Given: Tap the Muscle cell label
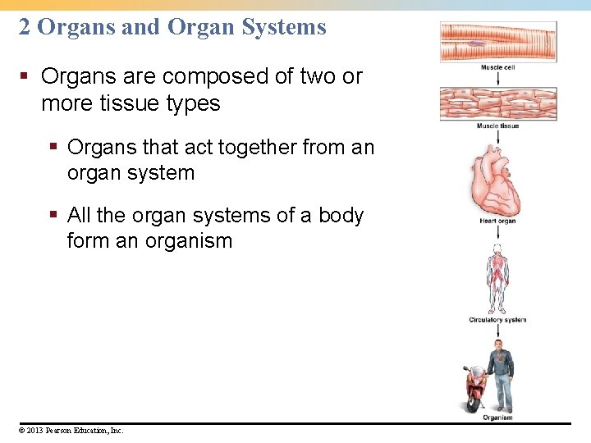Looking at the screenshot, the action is click(497, 67).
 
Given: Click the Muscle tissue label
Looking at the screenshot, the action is click(497, 126).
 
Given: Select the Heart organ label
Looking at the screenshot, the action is click(497, 221).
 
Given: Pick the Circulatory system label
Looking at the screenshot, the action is click(497, 320).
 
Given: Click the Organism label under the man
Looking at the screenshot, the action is click(497, 418).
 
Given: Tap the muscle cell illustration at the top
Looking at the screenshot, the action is click(497, 41).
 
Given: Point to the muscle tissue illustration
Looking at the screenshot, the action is click(497, 103).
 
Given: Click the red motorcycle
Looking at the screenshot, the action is click(474, 389).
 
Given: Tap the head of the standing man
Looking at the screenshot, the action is click(498, 345).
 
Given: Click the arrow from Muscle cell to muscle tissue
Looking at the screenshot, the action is click(497, 78).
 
